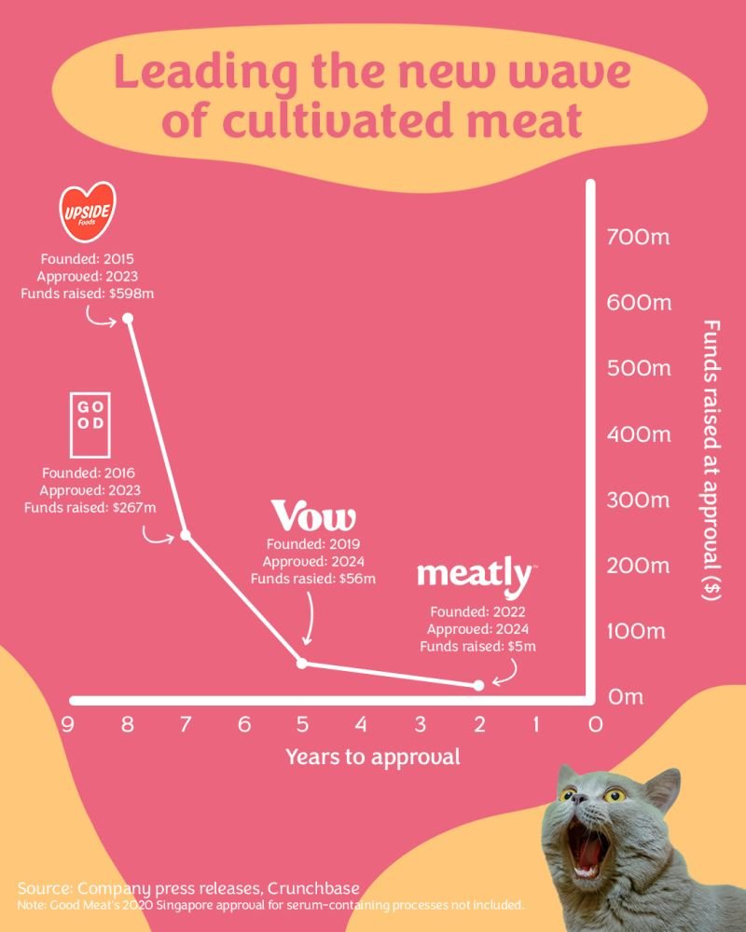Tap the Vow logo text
pyautogui.click(x=313, y=516)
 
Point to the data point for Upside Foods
pyautogui.click(x=128, y=319)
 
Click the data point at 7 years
pyautogui.click(x=186, y=535)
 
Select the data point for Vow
pyautogui.click(x=301, y=663)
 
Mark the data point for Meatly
pyautogui.click(x=479, y=685)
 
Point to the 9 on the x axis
pyautogui.click(x=68, y=724)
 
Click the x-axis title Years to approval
pyautogui.click(x=372, y=756)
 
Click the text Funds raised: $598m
pyautogui.click(x=87, y=294)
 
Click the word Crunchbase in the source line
pyautogui.click(x=311, y=886)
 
